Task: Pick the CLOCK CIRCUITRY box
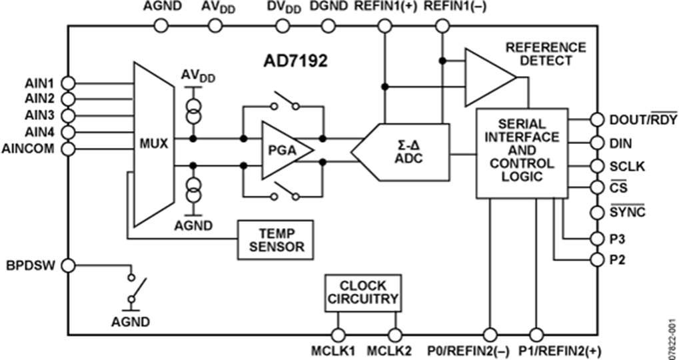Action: click(363, 292)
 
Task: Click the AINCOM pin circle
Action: click(67, 148)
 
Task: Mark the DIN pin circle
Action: click(596, 143)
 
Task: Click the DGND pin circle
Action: click(327, 25)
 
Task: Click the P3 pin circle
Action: click(596, 237)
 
